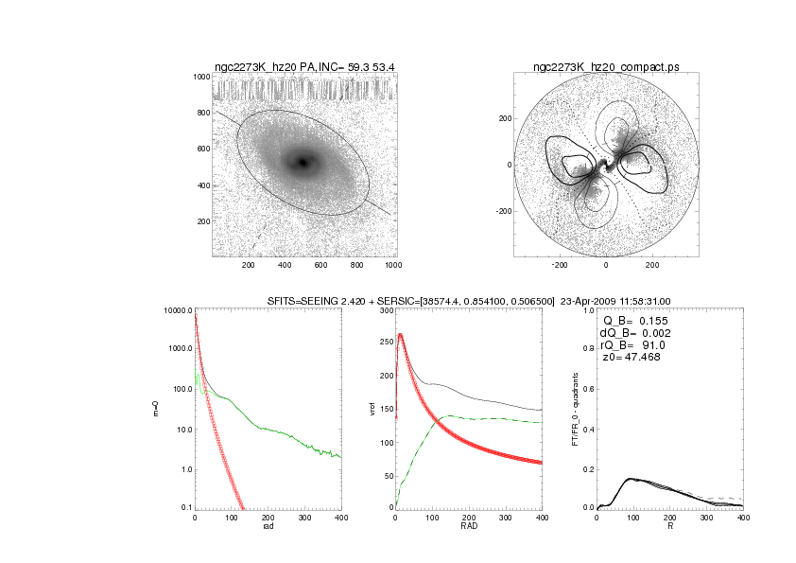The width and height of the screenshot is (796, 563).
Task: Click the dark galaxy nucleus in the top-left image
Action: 303,162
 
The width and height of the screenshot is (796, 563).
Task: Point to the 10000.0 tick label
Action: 177,310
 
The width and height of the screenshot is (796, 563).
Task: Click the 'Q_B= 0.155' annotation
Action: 634,322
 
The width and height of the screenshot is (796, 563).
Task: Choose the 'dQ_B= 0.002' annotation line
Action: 634,333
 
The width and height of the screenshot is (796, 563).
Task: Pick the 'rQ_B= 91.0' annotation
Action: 632,345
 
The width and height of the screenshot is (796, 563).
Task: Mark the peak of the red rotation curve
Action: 401,334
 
